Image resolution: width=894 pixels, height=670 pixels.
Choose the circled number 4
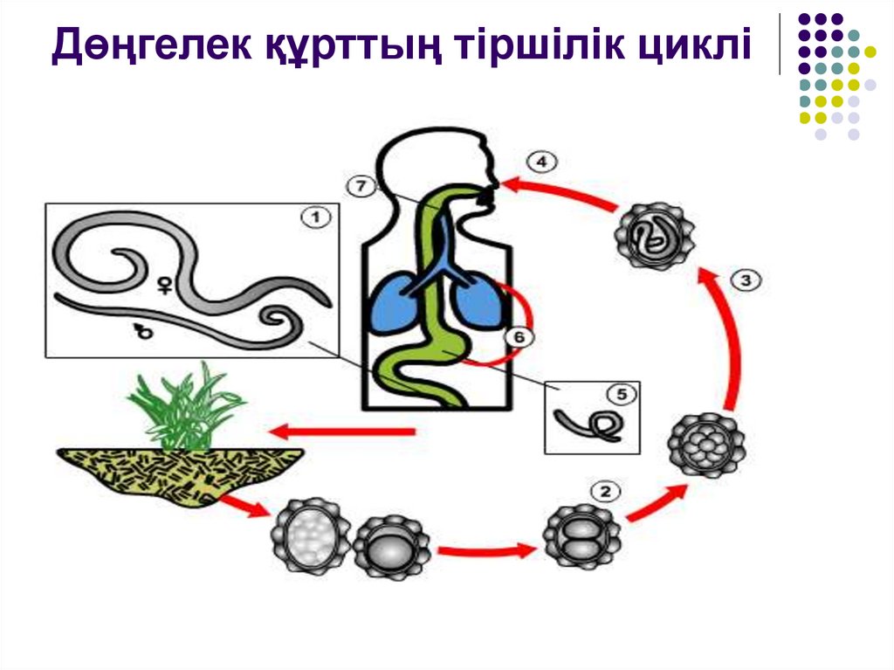(541, 162)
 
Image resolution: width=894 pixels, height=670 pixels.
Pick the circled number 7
(360, 184)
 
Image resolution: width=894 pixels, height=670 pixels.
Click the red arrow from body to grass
(341, 431)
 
